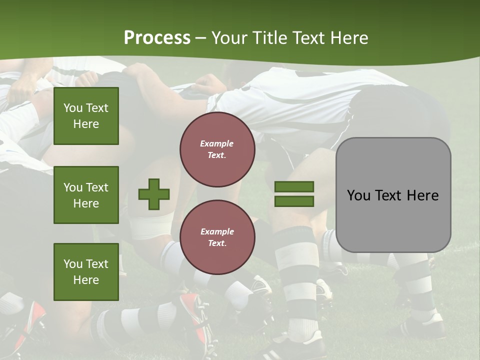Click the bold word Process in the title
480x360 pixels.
click(x=157, y=38)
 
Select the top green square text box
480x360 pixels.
click(x=86, y=116)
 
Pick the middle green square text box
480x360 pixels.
click(x=86, y=195)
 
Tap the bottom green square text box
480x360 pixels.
click(x=86, y=272)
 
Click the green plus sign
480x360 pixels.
click(x=154, y=194)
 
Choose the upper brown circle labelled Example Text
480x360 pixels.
click(x=217, y=149)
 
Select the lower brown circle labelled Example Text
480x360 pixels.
click(x=217, y=237)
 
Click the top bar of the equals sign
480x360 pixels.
click(x=294, y=186)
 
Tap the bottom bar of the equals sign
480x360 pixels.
click(x=294, y=201)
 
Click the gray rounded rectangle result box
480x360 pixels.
click(x=393, y=195)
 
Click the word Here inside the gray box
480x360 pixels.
click(x=423, y=195)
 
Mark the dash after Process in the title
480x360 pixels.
click(x=200, y=39)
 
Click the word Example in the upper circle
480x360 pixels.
click(x=216, y=143)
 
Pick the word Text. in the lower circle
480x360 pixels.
click(x=217, y=243)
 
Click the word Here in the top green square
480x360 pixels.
click(x=86, y=124)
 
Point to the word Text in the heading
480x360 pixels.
click(x=308, y=38)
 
